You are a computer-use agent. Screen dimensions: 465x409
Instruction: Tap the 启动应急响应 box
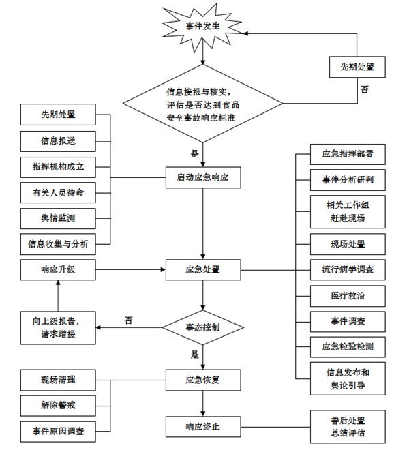tap(203, 178)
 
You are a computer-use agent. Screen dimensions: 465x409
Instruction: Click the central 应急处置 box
tap(203, 270)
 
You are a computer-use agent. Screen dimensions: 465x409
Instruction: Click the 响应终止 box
tap(203, 427)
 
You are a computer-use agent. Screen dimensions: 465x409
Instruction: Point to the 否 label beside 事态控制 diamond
tap(127, 319)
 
